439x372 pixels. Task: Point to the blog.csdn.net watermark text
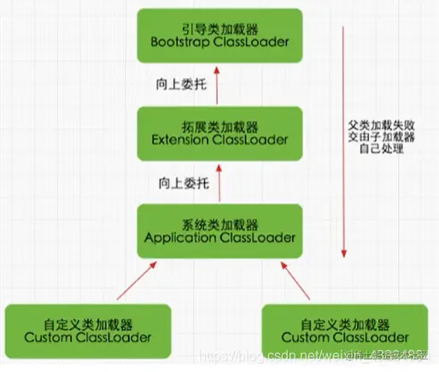(x=282, y=354)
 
